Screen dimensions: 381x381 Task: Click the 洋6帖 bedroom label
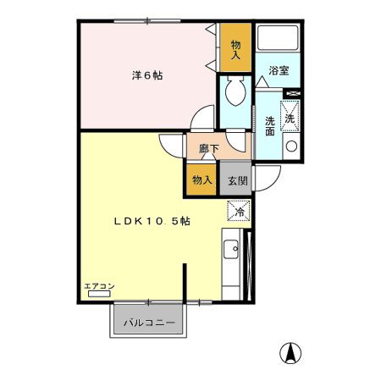click(x=146, y=75)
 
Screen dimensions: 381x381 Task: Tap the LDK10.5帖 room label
click(x=152, y=221)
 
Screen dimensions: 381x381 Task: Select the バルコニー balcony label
click(x=148, y=323)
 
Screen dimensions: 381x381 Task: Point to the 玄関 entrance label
click(x=236, y=179)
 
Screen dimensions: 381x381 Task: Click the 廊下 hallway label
click(x=208, y=149)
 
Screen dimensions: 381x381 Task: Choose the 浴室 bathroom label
click(x=279, y=71)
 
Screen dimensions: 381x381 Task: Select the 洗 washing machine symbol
click(x=290, y=117)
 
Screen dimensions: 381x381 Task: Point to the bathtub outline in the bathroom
click(x=278, y=41)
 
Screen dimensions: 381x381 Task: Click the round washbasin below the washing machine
click(x=290, y=146)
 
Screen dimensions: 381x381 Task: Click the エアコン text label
click(x=98, y=286)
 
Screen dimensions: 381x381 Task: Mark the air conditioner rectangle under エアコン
click(x=98, y=295)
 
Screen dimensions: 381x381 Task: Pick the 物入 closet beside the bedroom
click(x=235, y=51)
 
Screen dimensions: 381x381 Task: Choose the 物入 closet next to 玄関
click(x=202, y=179)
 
